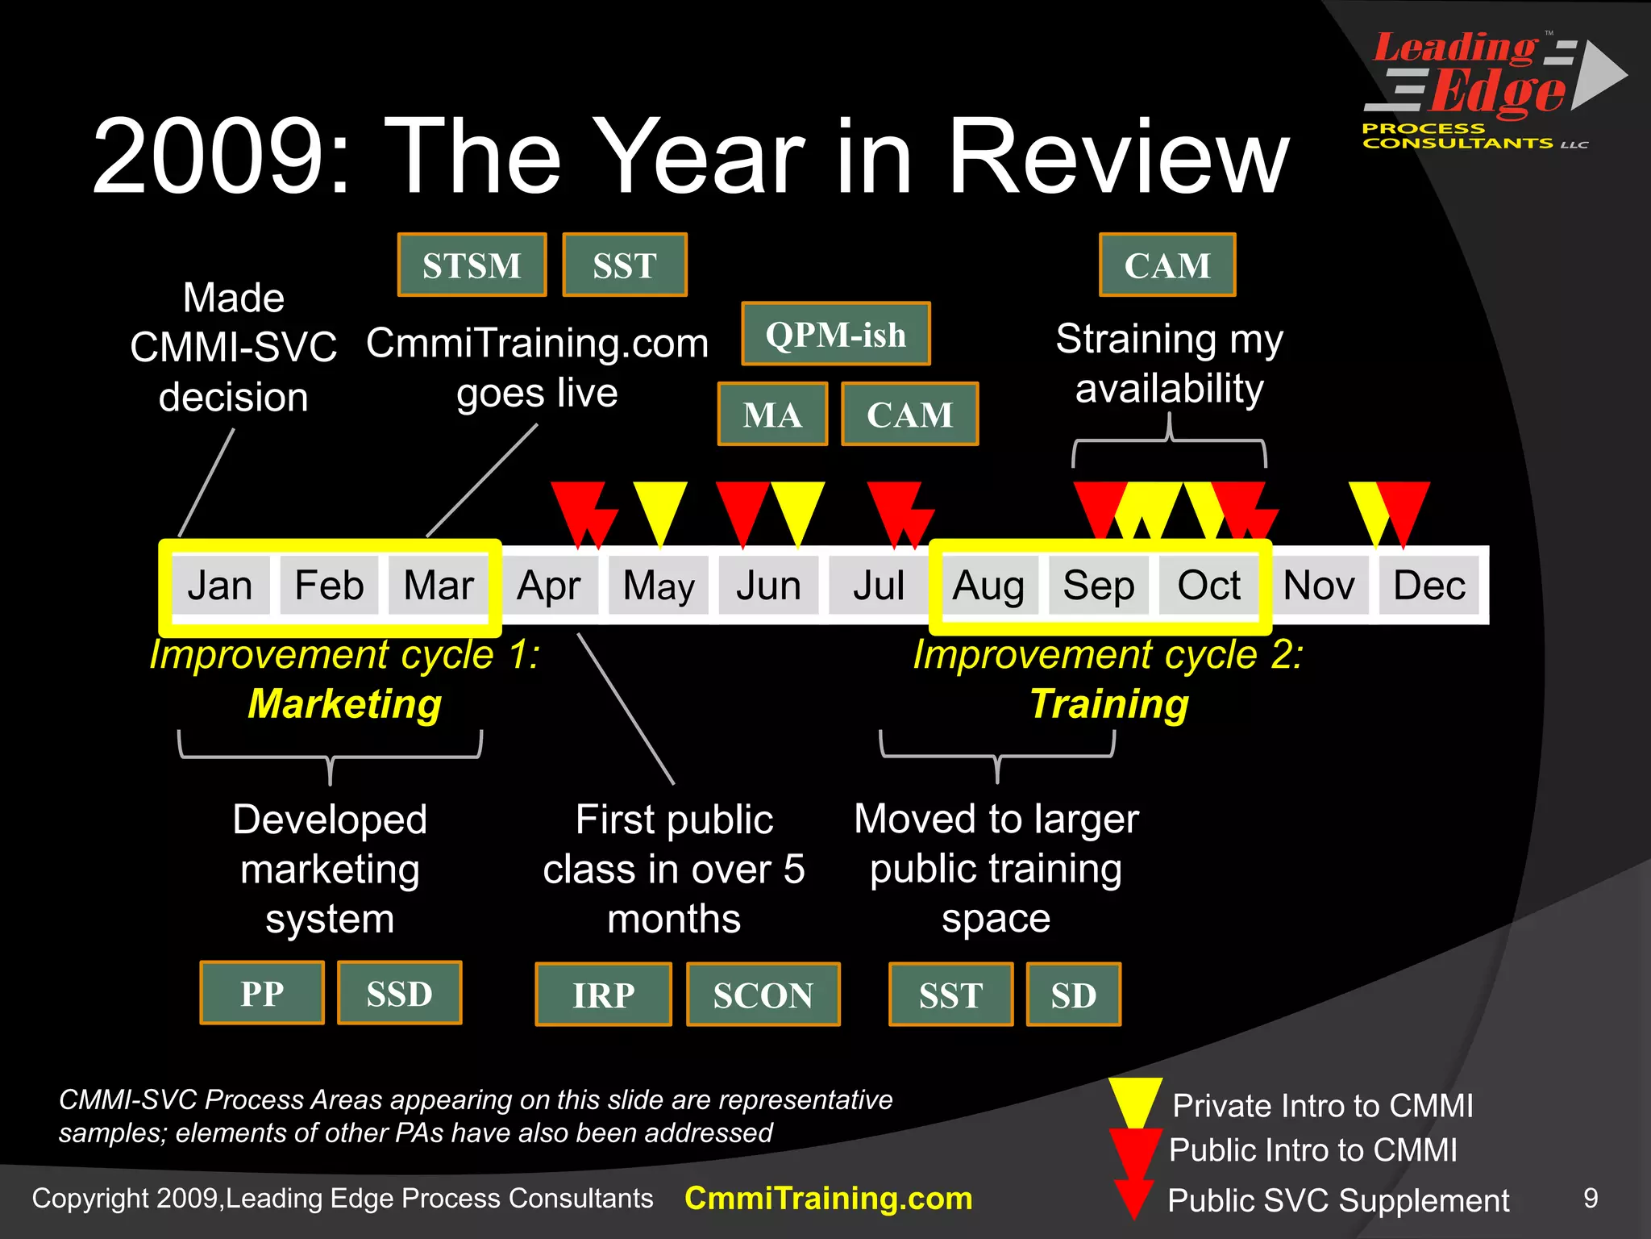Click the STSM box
(x=472, y=265)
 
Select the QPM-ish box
(x=836, y=334)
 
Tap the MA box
(x=772, y=415)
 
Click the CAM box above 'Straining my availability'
(x=1167, y=265)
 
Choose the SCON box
(x=763, y=995)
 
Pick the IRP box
(x=603, y=995)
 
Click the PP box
(x=262, y=993)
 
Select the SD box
(x=1073, y=995)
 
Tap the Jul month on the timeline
(x=878, y=586)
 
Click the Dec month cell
(x=1429, y=586)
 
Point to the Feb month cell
(x=329, y=586)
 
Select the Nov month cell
(x=1318, y=586)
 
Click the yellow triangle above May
(x=659, y=508)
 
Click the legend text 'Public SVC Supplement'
(x=1338, y=1200)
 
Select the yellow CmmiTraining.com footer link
(x=828, y=1199)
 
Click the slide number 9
(x=1591, y=1198)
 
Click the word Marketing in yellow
(x=345, y=703)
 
